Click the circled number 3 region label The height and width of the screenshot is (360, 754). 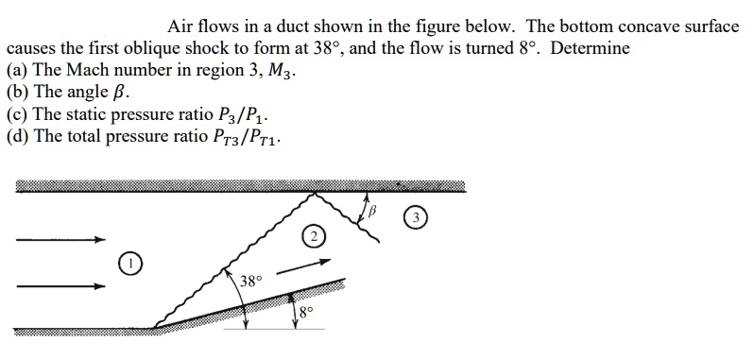click(x=413, y=217)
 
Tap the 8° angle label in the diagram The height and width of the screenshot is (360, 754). click(x=304, y=313)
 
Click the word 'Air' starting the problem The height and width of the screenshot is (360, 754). click(x=181, y=26)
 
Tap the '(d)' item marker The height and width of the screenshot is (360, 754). click(x=16, y=138)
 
